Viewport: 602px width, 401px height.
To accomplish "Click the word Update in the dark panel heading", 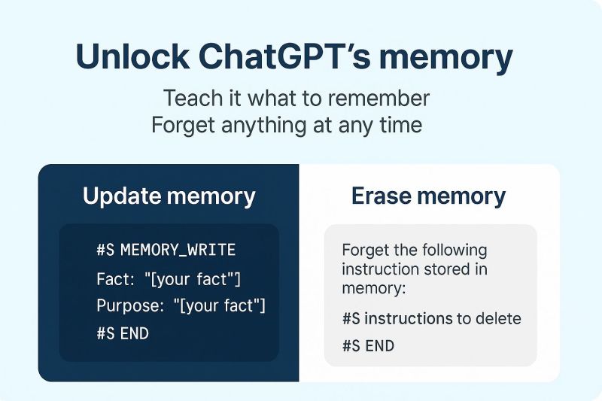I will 121,196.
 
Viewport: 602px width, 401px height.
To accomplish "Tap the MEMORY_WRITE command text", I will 178,250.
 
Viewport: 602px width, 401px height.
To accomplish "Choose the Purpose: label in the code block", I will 129,306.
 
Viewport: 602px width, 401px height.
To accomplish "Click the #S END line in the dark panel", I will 123,333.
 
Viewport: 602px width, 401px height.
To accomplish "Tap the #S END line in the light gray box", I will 368,345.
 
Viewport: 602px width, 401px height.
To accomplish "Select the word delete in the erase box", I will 500,318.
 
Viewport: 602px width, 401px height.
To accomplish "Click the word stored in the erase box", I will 445,269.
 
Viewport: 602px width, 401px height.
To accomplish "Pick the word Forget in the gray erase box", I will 365,250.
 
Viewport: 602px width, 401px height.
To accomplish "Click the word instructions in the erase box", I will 403,318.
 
